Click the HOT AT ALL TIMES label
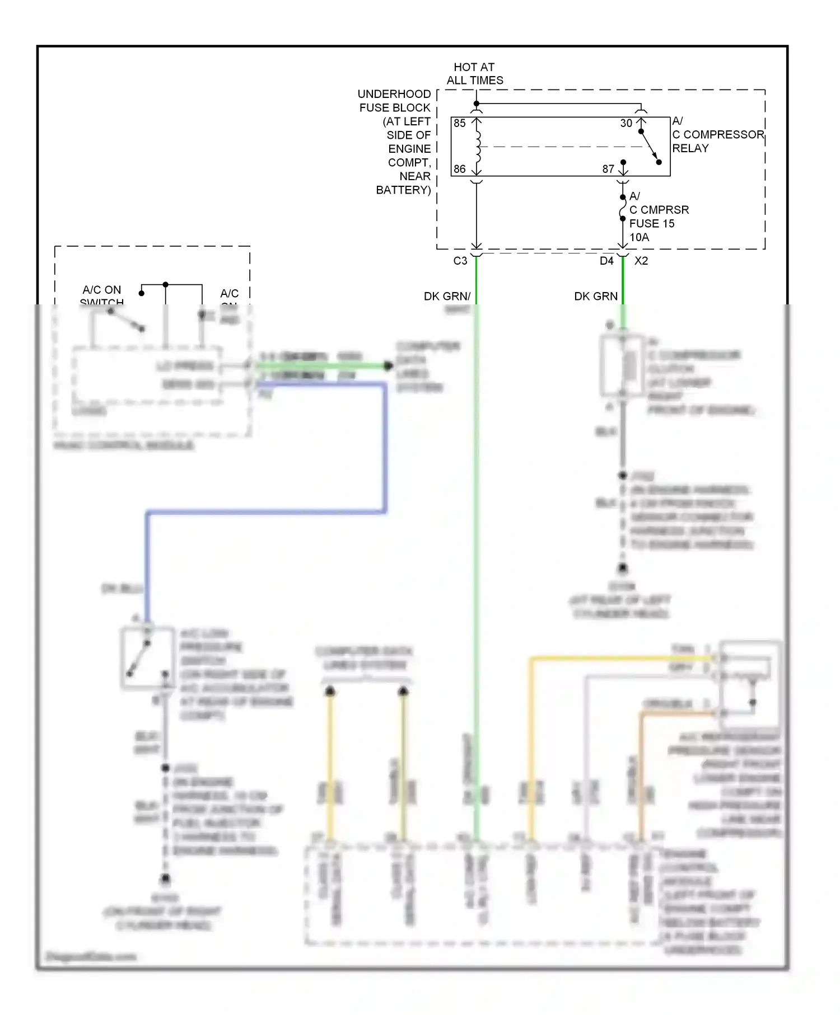click(474, 73)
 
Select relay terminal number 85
click(460, 123)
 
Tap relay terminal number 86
click(460, 168)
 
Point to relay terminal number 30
click(626, 123)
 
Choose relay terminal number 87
click(608, 168)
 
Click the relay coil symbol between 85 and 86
click(477, 147)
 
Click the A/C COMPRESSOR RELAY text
click(717, 135)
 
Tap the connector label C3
click(460, 261)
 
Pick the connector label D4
click(606, 261)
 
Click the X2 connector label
click(641, 261)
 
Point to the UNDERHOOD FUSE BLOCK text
click(395, 101)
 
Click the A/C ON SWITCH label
click(101, 294)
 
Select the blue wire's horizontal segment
click(266, 511)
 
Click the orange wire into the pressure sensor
click(678, 713)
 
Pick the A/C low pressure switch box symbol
click(147, 657)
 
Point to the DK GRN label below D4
click(595, 296)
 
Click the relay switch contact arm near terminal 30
click(650, 147)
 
